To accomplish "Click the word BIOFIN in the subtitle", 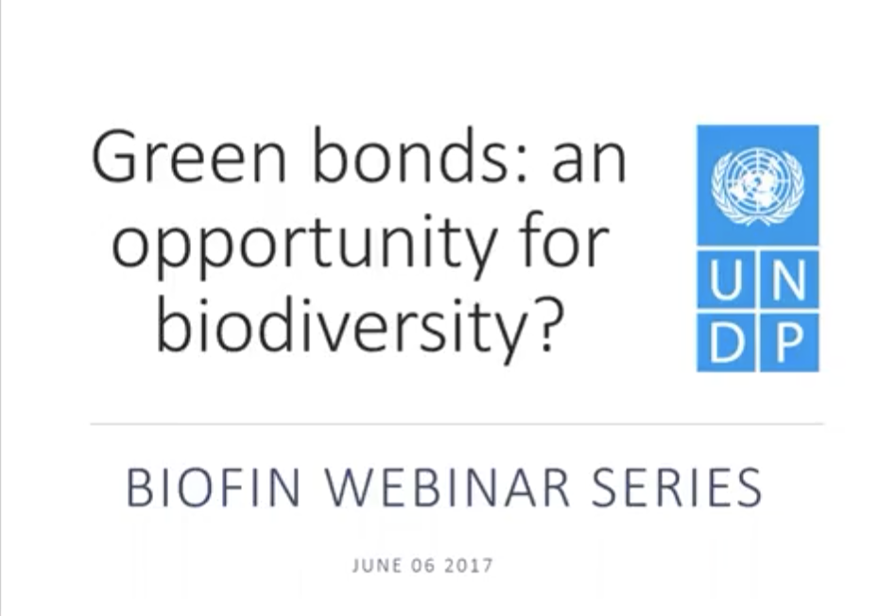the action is click(x=213, y=488).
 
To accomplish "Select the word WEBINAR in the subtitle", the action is click(x=447, y=488).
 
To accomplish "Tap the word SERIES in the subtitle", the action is click(x=677, y=488).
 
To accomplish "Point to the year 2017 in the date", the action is click(x=469, y=566).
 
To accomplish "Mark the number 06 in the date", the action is click(x=422, y=566).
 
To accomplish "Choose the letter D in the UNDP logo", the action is click(x=727, y=343).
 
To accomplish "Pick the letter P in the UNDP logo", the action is click(x=788, y=343).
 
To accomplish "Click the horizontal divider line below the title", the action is click(x=457, y=424).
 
